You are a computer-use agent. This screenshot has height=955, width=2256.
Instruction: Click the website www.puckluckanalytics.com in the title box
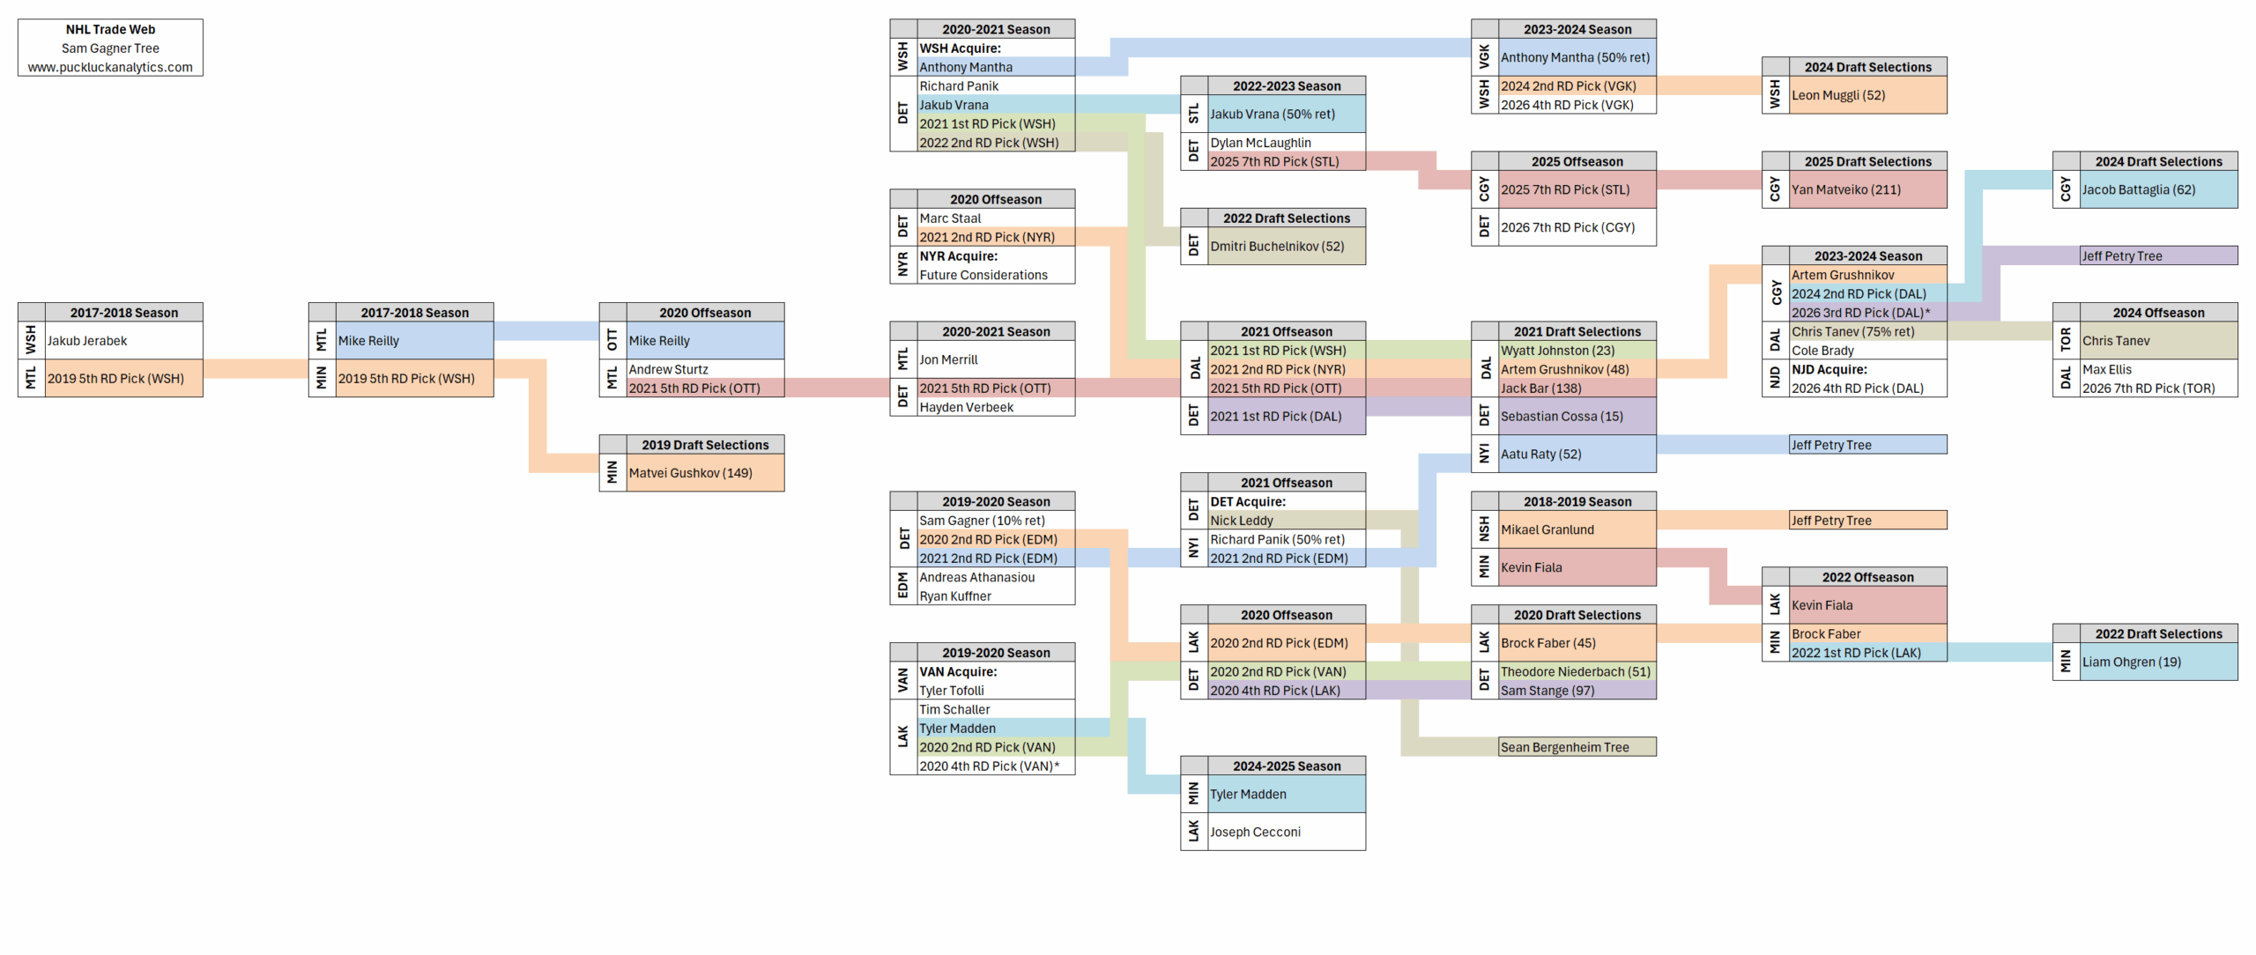click(x=110, y=67)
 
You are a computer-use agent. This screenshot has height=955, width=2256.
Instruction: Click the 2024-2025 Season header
click(x=1287, y=766)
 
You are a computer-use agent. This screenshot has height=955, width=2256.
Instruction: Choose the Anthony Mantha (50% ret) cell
click(x=1575, y=57)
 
